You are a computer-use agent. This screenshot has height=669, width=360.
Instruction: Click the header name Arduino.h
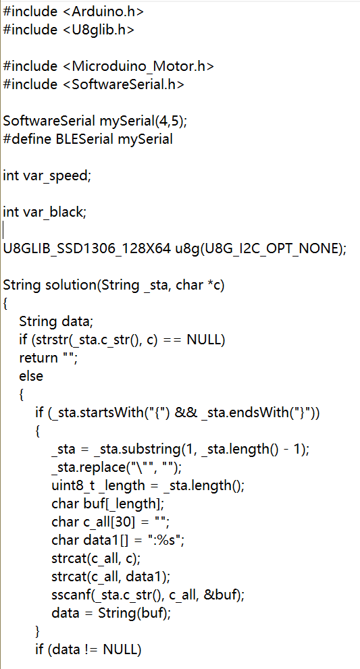tap(103, 11)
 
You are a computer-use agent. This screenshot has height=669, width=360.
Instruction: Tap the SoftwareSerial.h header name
tap(124, 84)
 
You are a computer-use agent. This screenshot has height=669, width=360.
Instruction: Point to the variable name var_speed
tap(55, 176)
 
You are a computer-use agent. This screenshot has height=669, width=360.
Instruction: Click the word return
tap(38, 358)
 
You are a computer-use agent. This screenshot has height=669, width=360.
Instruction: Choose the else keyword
tap(31, 376)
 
